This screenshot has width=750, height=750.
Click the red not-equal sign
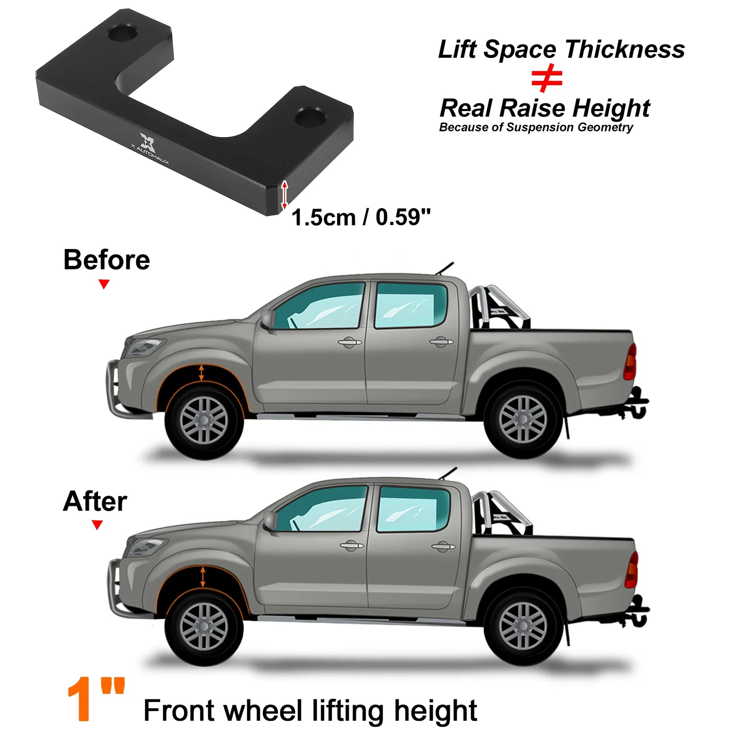click(x=547, y=79)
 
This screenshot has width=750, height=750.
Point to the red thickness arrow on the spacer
click(x=284, y=195)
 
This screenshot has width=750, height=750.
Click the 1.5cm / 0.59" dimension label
click(x=362, y=217)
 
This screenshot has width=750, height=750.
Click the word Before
click(x=107, y=260)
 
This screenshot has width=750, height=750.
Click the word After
click(x=95, y=501)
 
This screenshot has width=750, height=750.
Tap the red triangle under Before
click(x=104, y=284)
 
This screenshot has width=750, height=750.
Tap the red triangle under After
click(x=97, y=525)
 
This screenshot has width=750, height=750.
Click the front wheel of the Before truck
click(x=204, y=420)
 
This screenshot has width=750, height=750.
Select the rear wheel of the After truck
click(x=523, y=626)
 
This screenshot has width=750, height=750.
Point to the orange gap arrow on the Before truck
click(x=201, y=372)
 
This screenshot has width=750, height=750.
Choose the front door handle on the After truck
click(x=351, y=545)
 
